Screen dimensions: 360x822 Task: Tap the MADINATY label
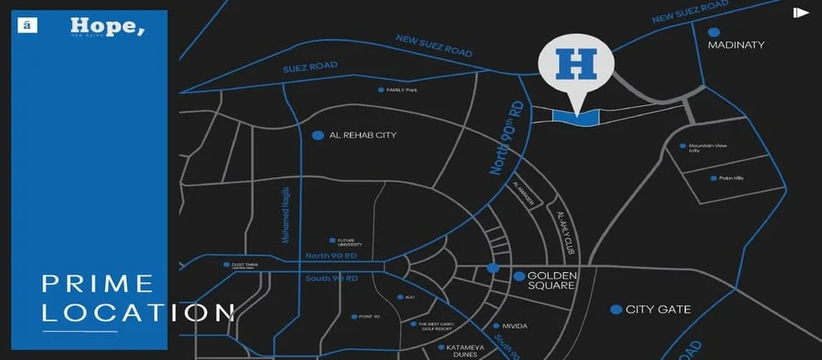(x=736, y=45)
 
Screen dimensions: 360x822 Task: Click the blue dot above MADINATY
(x=713, y=32)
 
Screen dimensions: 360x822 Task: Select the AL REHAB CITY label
(x=363, y=135)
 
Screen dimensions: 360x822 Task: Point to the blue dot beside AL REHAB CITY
(x=317, y=134)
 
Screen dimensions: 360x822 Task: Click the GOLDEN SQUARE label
(x=552, y=280)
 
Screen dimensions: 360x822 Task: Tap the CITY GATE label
(x=659, y=309)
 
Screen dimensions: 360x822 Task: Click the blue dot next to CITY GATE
(x=616, y=309)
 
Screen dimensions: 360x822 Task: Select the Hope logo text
(x=107, y=27)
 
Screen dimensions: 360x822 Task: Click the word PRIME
(x=98, y=284)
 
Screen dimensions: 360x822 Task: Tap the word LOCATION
(x=138, y=313)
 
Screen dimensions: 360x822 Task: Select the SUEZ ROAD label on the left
(x=310, y=67)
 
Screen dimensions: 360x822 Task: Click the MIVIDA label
(x=515, y=326)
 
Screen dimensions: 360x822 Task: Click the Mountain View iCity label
(x=708, y=148)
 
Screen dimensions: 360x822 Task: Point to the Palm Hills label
(x=732, y=178)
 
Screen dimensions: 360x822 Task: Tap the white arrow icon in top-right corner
(x=800, y=12)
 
